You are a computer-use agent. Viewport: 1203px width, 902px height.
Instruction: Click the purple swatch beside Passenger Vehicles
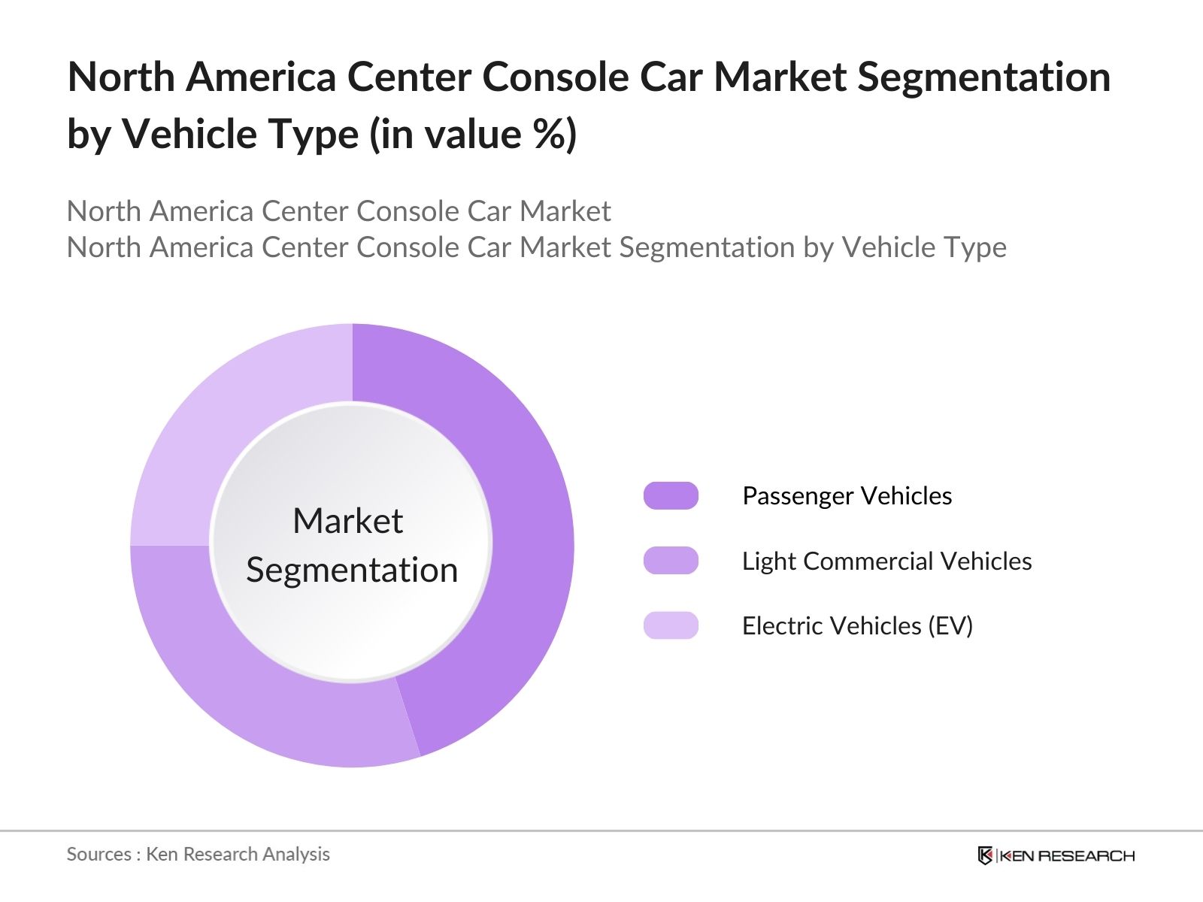[x=671, y=496]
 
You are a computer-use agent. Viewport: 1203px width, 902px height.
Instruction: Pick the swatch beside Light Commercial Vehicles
[x=671, y=561]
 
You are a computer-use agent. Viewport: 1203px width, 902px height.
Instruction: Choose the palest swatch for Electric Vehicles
[x=671, y=625]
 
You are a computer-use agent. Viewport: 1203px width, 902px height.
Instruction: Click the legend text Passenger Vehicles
[x=847, y=496]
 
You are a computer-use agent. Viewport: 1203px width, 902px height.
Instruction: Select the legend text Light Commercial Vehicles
[x=886, y=561]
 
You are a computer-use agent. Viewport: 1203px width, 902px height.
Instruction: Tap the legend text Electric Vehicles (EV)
[x=857, y=625]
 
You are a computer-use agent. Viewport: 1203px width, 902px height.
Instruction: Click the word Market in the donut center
[x=347, y=521]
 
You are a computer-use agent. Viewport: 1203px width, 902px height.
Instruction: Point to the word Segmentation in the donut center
[x=352, y=570]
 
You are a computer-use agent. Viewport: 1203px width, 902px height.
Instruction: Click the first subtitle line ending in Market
[x=338, y=211]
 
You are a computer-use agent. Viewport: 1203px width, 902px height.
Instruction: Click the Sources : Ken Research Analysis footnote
[x=198, y=854]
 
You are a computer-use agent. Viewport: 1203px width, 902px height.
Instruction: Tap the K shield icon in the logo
[x=985, y=855]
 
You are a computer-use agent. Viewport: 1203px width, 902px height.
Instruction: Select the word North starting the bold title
[x=121, y=77]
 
